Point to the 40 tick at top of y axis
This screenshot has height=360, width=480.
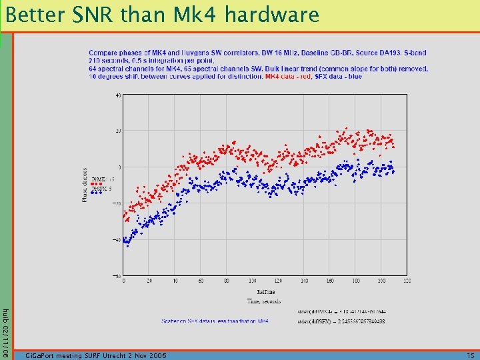click(117, 95)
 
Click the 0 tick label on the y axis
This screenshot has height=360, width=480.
click(119, 167)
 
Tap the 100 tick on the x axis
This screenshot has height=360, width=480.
click(252, 281)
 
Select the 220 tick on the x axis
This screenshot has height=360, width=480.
click(407, 281)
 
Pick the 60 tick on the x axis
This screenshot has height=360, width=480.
click(201, 281)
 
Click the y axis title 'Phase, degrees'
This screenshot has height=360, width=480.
click(85, 185)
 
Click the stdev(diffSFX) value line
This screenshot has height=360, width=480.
click(342, 321)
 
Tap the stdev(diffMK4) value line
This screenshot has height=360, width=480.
click(342, 311)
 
